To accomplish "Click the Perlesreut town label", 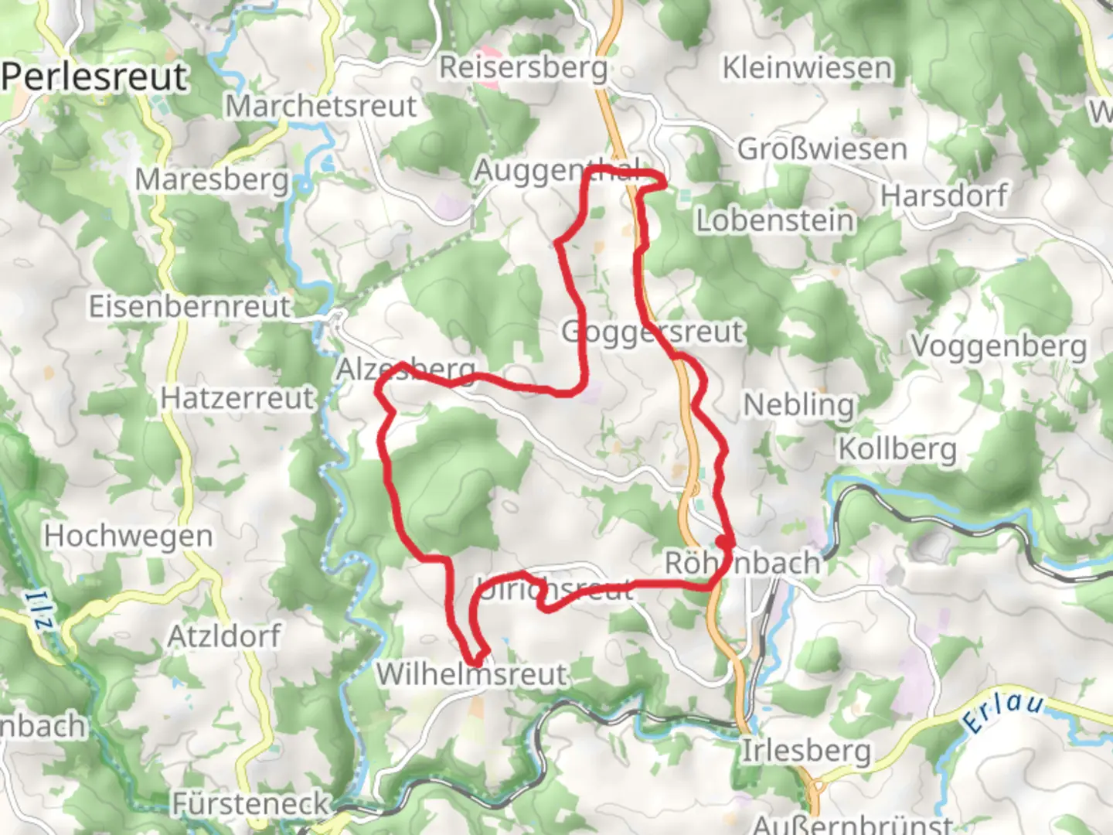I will pos(94,77).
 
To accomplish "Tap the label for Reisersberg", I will pos(523,67).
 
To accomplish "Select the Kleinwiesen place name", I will pos(807,68).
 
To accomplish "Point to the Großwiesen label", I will pos(822,148).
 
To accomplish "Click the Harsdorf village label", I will pos(944,196).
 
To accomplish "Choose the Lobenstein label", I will pos(775,220).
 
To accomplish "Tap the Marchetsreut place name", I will pos(321,106).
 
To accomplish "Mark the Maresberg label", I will pos(212,179).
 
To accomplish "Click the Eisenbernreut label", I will pos(189,306).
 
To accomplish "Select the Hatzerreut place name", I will pos(238,398).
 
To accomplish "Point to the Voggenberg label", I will pos(999,346).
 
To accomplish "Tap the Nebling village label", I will pos(798,404).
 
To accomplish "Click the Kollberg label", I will pos(897,448).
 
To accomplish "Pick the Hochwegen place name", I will pos(128,536).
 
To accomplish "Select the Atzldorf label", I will pos(224,636).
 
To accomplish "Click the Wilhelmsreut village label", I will pos(472,674).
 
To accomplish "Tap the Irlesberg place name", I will pos(806,750).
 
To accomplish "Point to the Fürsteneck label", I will pos(250,804).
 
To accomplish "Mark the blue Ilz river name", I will pos(39,611).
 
